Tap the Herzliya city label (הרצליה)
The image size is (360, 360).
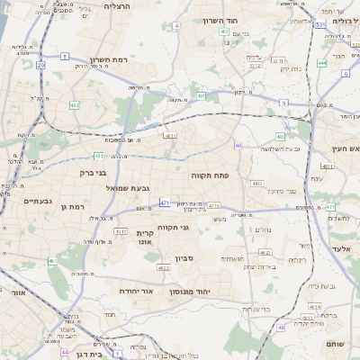[117, 5]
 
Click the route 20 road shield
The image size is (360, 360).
[40, 66]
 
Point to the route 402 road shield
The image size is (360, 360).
[223, 31]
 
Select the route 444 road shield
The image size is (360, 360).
[321, 64]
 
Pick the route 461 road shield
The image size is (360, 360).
[52, 262]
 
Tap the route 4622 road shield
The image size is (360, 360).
[163, 268]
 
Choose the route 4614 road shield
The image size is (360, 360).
[315, 306]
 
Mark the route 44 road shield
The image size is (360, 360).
[65, 352]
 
